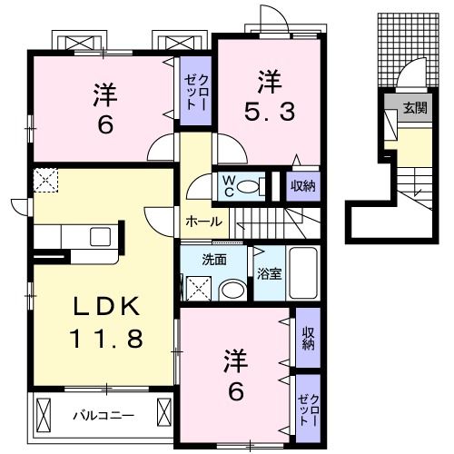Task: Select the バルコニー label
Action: (x=104, y=417)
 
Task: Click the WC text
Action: (x=229, y=185)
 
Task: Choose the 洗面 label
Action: (x=214, y=259)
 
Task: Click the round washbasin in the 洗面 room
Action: (x=233, y=290)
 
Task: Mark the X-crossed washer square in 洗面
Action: (x=198, y=289)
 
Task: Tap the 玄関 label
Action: (x=414, y=107)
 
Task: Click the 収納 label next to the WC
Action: (x=303, y=186)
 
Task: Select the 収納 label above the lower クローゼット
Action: (x=308, y=337)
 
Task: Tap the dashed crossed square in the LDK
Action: (x=45, y=181)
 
